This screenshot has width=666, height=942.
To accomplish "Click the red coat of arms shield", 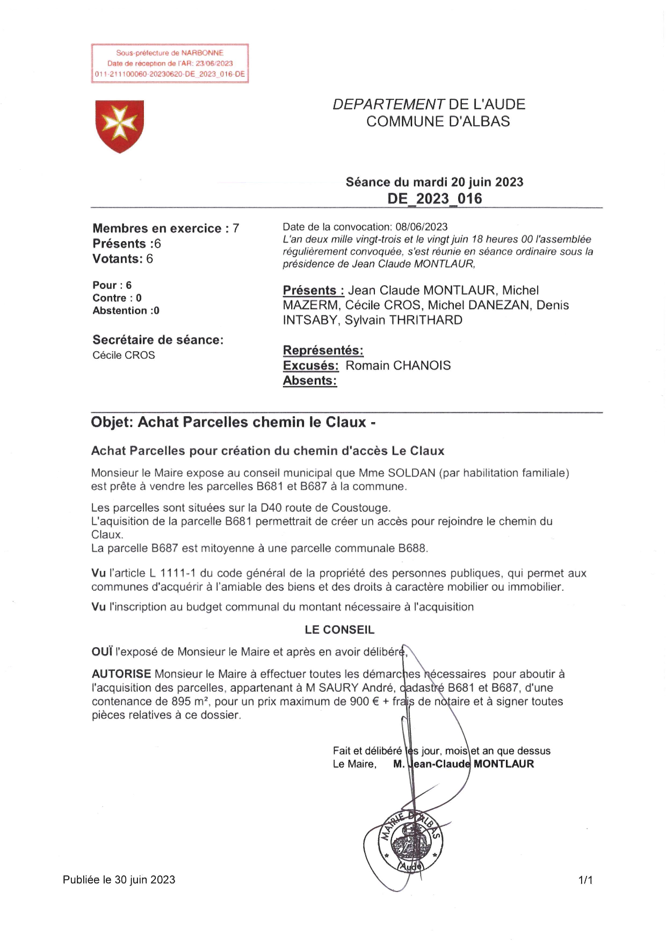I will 119,126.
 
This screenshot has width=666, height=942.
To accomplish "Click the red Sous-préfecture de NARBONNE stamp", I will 170,63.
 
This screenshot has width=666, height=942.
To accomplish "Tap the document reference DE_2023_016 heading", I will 435,199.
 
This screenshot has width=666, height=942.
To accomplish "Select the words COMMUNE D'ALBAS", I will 438,121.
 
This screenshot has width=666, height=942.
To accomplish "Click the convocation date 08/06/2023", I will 421,227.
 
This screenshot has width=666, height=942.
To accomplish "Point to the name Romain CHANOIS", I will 398,366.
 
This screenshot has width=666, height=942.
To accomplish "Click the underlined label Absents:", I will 310,381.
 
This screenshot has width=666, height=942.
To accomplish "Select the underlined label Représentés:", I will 323,351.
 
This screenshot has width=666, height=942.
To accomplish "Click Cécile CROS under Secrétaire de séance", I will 124,356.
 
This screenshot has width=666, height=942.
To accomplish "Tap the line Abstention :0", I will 126,311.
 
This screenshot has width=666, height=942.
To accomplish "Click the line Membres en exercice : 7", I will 165,229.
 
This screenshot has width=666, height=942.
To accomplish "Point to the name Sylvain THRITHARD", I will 403,321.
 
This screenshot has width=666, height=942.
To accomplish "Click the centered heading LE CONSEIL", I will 339,630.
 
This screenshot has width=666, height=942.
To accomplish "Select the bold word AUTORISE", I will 121,674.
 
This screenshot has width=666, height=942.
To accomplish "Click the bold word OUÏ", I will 102,652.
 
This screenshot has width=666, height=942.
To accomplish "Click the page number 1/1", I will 585,880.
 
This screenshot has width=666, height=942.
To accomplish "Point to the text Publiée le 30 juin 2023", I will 119,880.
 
